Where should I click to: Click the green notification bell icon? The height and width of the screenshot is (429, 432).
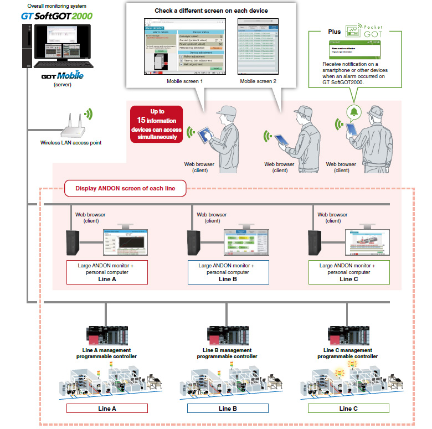click(353, 112)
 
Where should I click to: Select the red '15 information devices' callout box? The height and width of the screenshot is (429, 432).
click(157, 123)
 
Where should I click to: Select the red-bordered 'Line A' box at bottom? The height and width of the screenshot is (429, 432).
click(106, 409)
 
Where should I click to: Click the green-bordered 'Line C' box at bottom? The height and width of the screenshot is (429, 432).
click(348, 409)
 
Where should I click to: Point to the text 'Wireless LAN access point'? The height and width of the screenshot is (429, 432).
click(71, 142)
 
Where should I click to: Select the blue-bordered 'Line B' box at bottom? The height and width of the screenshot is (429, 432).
click(227, 409)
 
